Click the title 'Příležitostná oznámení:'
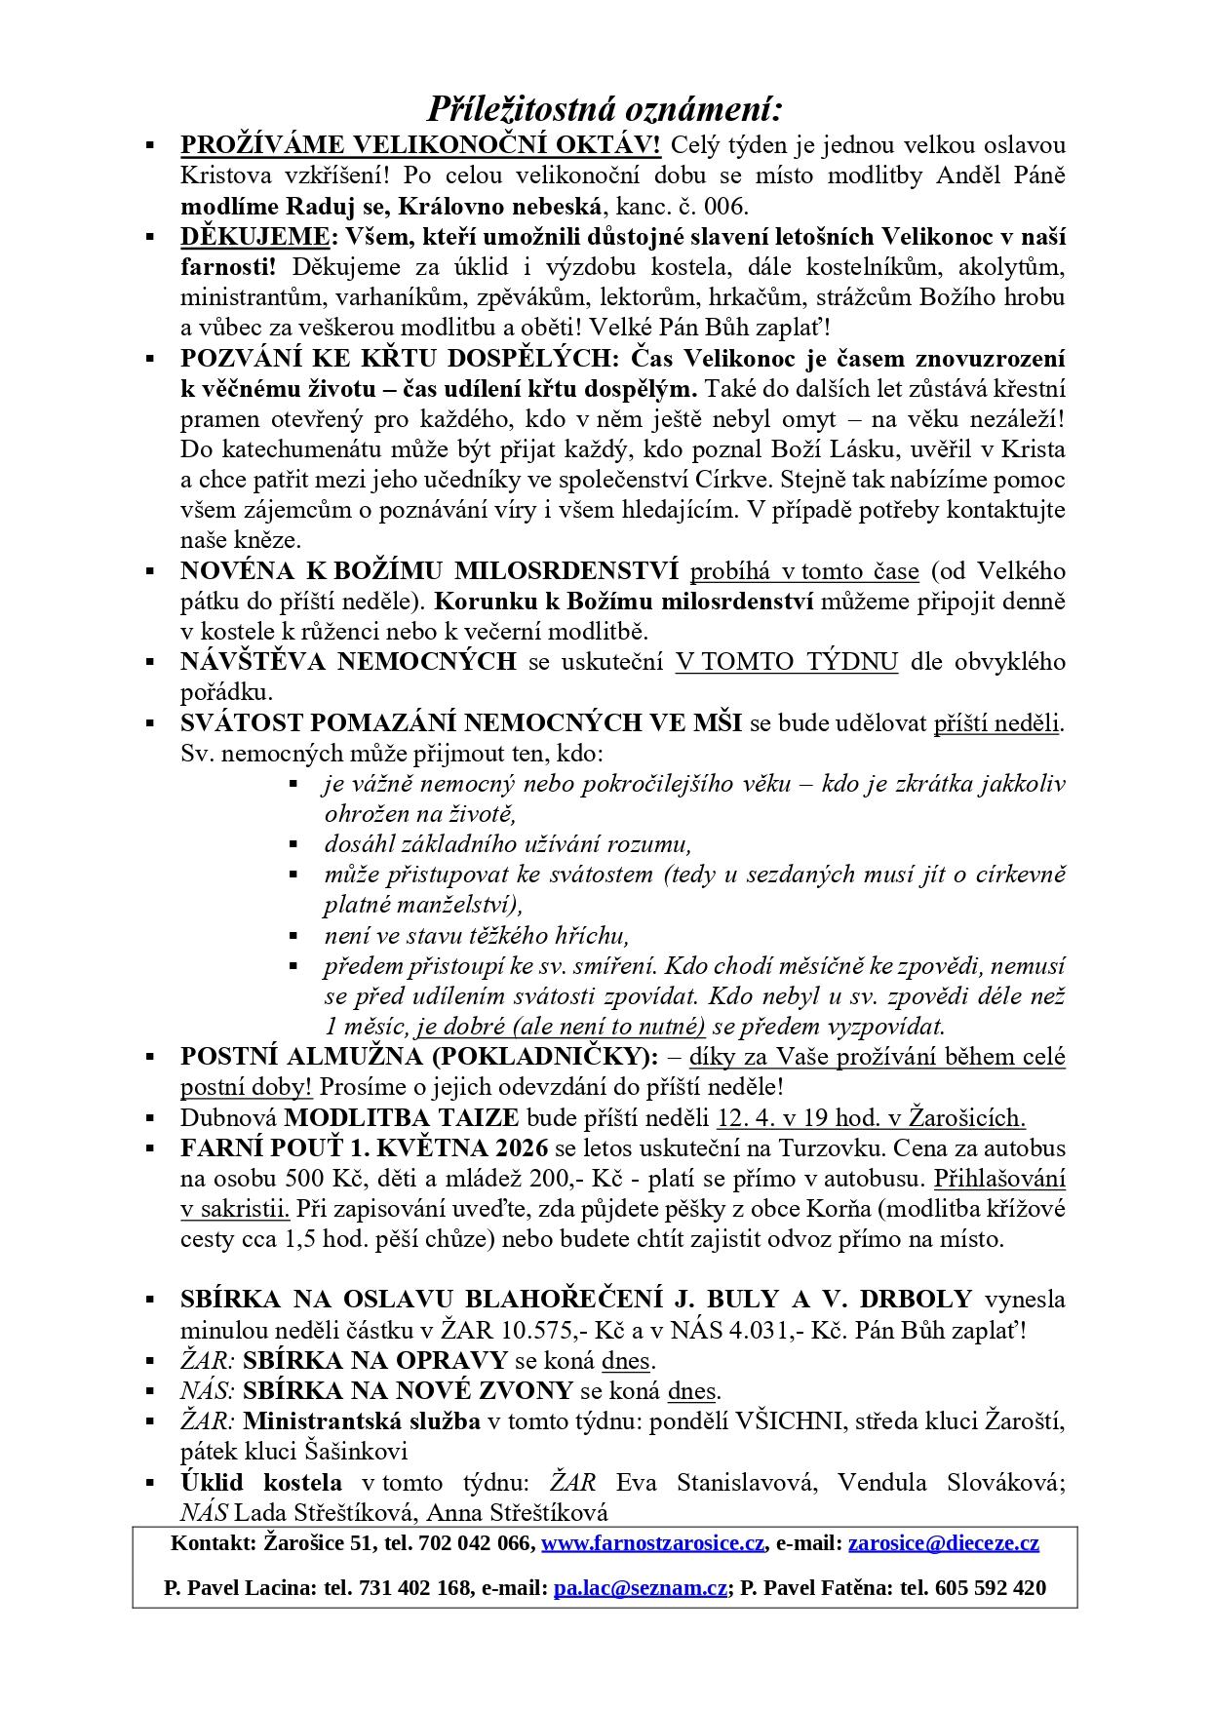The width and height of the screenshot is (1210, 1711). (605, 108)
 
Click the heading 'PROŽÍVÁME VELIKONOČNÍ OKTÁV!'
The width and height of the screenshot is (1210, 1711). (420, 145)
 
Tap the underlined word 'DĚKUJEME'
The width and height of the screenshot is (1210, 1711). (254, 237)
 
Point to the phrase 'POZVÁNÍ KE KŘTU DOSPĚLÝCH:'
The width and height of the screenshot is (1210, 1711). (400, 358)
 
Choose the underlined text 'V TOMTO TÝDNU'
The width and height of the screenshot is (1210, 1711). (786, 662)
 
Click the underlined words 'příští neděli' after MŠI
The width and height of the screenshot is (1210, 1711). (996, 723)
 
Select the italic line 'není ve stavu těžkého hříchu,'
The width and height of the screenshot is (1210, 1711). (477, 936)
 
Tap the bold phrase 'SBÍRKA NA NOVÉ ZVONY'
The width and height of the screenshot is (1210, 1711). (408, 1390)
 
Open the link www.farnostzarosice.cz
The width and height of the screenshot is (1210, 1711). (652, 1543)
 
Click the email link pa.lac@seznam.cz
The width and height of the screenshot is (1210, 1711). (640, 1588)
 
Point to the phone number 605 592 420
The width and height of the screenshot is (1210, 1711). (990, 1588)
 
